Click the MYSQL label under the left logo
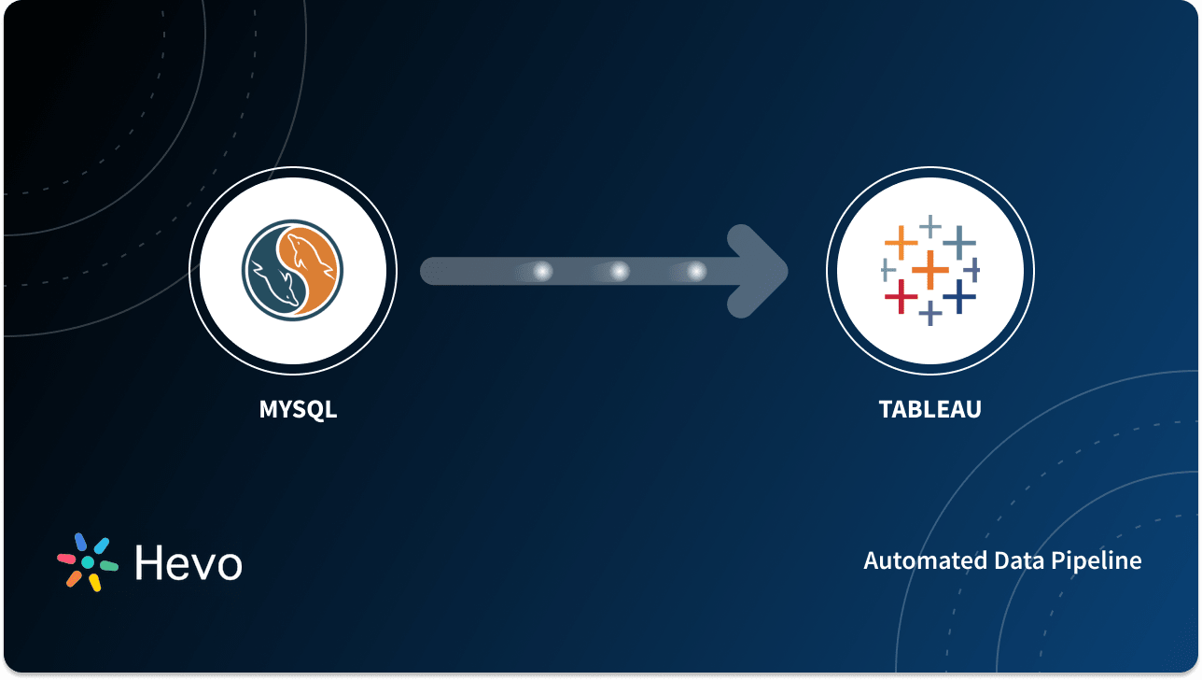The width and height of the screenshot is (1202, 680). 298,409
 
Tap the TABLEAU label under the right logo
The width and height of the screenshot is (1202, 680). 929,409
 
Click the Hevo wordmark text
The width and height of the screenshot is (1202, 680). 189,562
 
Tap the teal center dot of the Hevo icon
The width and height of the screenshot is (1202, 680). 88,562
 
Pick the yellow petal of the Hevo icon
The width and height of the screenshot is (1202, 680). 95,582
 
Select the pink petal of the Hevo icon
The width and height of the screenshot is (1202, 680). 67,559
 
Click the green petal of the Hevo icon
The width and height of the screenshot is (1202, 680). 108,566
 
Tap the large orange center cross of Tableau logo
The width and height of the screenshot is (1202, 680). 929,271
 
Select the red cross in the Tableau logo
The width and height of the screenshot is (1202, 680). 901,297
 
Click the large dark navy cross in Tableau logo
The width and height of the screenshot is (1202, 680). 958,297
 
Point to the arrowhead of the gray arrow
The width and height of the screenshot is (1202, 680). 761,271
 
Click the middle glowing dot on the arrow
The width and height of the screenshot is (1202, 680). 620,271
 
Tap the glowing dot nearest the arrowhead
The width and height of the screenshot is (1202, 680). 696,271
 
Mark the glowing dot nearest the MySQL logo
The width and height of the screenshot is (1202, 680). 542,271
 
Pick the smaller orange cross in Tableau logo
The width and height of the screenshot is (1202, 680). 901,243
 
